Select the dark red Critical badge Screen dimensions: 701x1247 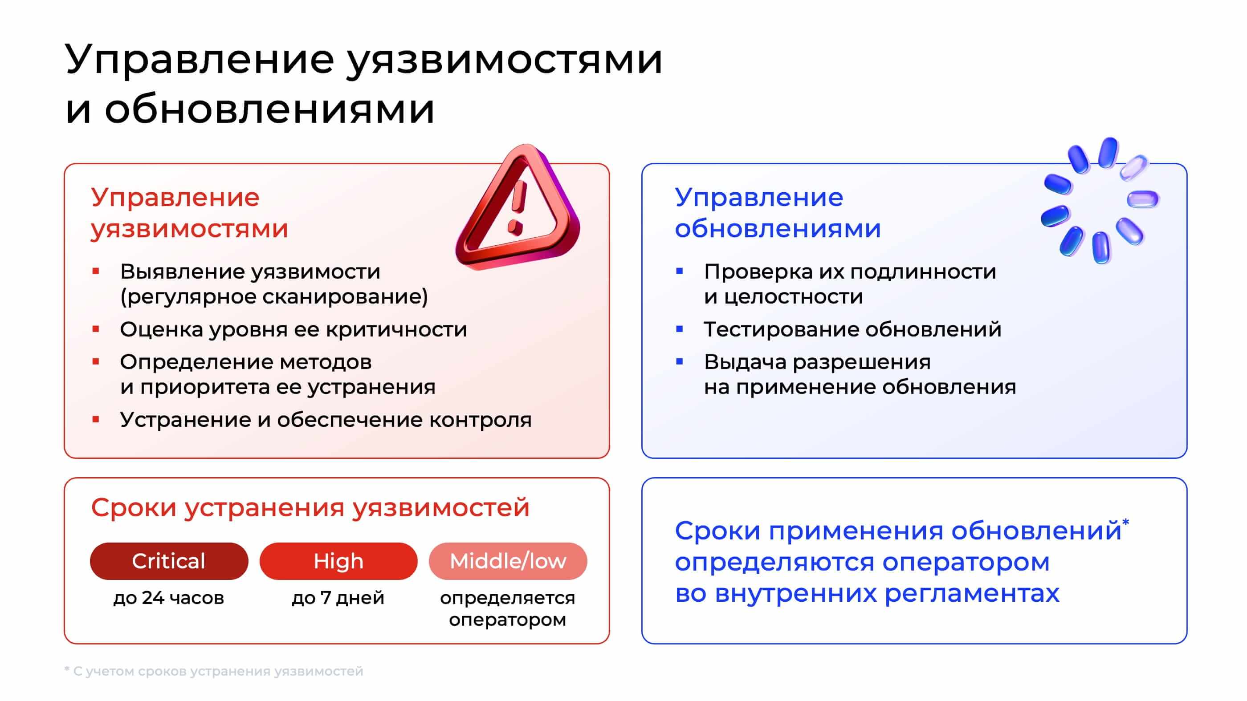[169, 561]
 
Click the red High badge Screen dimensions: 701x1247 [338, 561]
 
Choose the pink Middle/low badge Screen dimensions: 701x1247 [508, 561]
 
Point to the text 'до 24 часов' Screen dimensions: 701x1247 [169, 598]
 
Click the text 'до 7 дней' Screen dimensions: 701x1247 [338, 598]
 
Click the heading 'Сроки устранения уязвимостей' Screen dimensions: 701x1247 [310, 508]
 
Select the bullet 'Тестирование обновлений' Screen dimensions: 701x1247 [852, 329]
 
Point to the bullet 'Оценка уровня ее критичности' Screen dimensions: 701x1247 [293, 329]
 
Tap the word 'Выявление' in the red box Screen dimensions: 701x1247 [181, 271]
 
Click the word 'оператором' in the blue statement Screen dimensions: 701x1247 [966, 562]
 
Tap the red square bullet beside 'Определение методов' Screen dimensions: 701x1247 [96, 361]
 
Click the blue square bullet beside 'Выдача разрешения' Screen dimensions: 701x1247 [680, 361]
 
